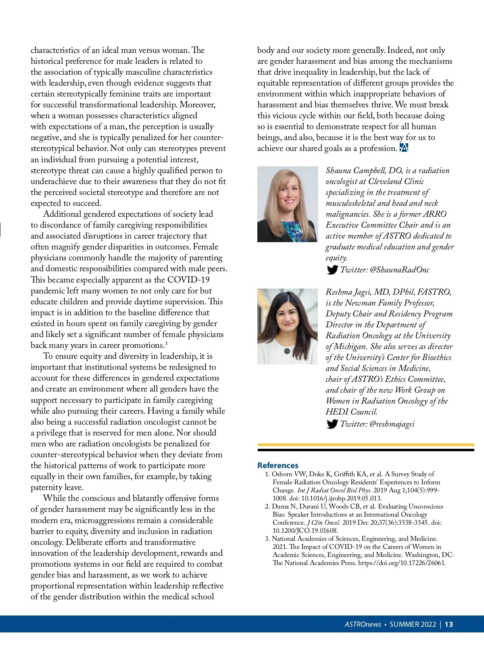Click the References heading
pyautogui.click(x=277, y=465)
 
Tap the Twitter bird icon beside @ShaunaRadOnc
pyautogui.click(x=332, y=270)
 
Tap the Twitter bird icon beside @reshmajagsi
pyautogui.click(x=332, y=424)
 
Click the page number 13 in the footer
pyautogui.click(x=449, y=624)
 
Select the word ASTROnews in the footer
pyautogui.click(x=363, y=624)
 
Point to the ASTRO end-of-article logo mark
pyautogui.click(x=404, y=148)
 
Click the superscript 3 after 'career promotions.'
pyautogui.click(x=166, y=343)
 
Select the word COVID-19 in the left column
pyautogui.click(x=188, y=280)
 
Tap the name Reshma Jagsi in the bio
pyautogui.click(x=347, y=292)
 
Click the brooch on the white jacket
pyautogui.click(x=288, y=351)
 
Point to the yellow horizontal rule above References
pyautogui.click(x=366, y=445)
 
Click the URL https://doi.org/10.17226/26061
pyautogui.click(x=402, y=563)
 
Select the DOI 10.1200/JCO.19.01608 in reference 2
pyautogui.click(x=305, y=530)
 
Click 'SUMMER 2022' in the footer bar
pyautogui.click(x=413, y=624)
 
